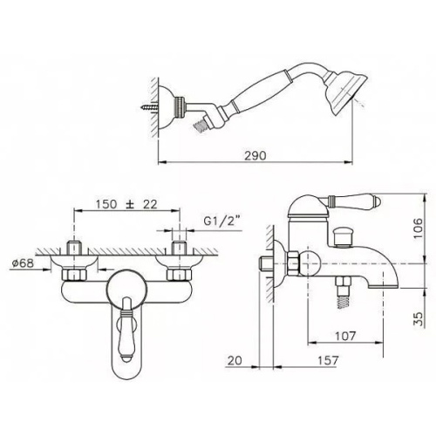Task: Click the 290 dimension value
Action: click(255, 155)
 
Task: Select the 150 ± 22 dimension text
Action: click(126, 204)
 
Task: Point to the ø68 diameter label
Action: click(23, 263)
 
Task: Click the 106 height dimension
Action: click(418, 228)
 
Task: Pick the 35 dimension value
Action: click(418, 319)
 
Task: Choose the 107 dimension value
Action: click(345, 336)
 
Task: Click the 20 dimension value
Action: click(235, 360)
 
